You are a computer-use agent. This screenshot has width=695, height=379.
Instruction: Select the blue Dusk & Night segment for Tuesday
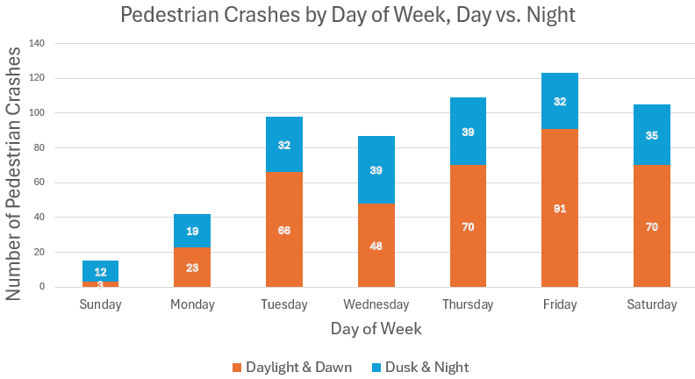tap(283, 132)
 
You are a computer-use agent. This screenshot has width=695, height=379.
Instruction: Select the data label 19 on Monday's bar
tap(192, 232)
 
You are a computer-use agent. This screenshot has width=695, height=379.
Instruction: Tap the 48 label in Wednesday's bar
tap(376, 246)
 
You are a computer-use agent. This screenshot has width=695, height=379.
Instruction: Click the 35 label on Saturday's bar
tap(651, 136)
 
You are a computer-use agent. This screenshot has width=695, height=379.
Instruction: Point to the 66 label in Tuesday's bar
tap(283, 230)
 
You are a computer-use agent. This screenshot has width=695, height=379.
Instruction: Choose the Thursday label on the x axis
tap(468, 304)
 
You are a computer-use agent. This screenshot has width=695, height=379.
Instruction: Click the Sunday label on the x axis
tap(100, 304)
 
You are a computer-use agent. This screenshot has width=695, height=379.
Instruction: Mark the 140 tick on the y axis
tap(38, 43)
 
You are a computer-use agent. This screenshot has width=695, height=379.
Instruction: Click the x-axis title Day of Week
tap(376, 329)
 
